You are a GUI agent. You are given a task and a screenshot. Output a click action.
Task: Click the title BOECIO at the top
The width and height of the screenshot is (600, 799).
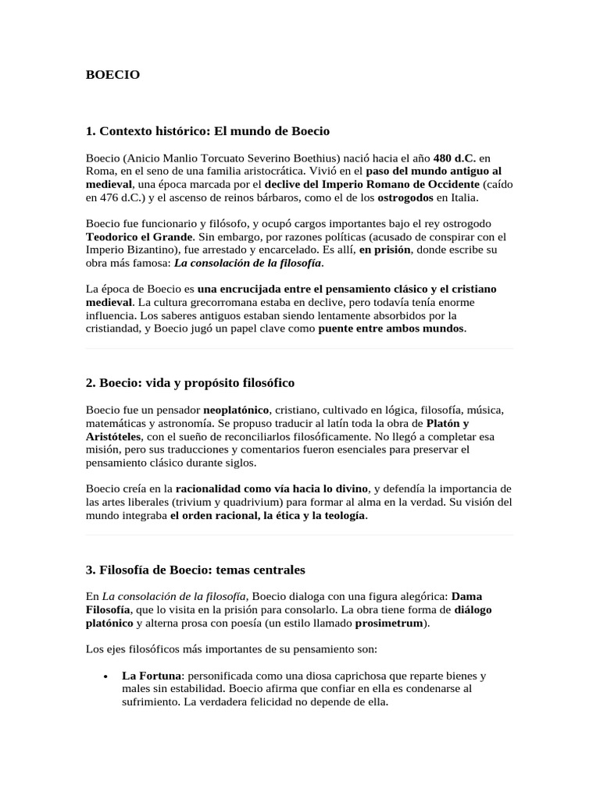112,75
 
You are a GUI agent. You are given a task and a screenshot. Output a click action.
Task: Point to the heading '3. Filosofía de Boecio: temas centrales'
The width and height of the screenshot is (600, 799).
195,570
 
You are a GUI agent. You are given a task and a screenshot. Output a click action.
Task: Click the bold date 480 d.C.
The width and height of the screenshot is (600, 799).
455,157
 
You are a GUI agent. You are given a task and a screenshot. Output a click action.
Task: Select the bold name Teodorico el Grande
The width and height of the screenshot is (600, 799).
138,236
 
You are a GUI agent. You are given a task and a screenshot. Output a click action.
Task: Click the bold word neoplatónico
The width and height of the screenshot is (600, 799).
236,410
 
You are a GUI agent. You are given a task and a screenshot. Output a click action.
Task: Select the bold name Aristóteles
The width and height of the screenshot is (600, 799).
113,436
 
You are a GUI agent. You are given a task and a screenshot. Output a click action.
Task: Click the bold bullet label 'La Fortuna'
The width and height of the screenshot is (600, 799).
149,675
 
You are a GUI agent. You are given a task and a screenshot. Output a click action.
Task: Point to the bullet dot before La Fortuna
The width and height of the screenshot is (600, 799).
105,676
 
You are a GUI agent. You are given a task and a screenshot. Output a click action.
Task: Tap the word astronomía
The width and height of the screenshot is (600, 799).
177,423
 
